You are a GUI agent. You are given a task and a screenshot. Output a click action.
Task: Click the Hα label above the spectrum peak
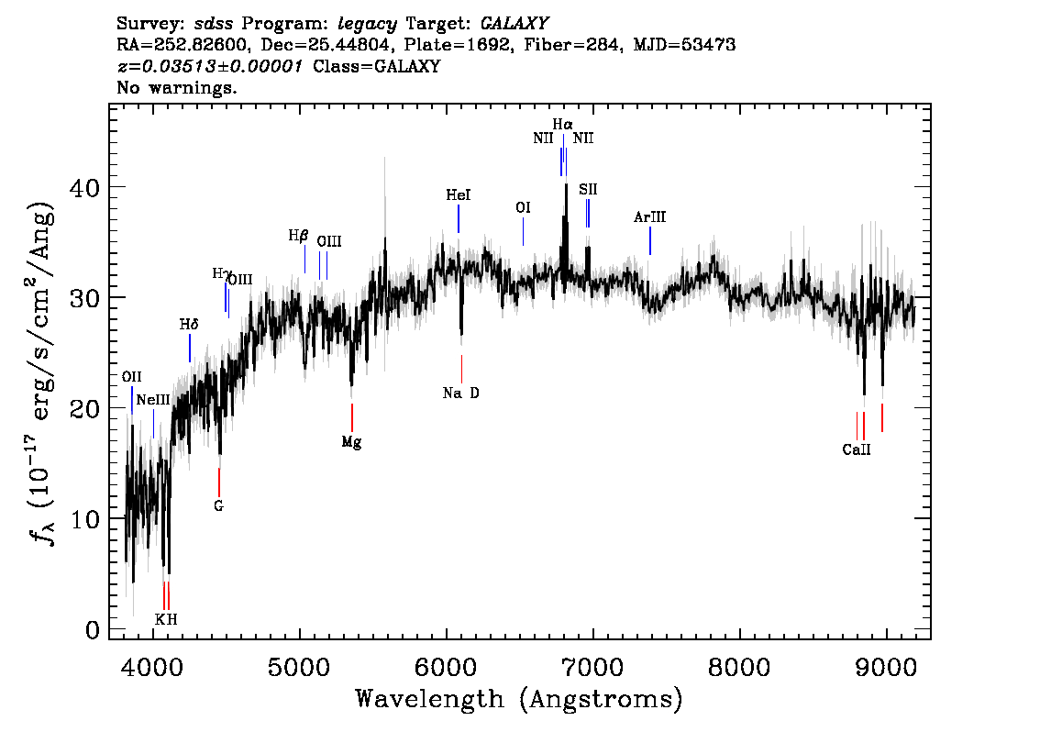[x=562, y=124]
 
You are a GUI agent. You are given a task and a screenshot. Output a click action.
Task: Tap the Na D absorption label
[x=461, y=393]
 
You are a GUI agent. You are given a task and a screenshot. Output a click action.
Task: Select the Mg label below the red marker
[x=351, y=442]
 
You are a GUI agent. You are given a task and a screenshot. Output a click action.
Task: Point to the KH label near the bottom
[x=167, y=619]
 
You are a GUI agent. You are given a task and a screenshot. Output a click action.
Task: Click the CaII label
[x=857, y=449]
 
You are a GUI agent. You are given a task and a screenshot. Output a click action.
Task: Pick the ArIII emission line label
[x=650, y=216]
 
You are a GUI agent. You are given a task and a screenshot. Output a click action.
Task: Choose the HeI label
[x=459, y=195]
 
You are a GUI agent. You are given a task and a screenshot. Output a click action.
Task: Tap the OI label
[x=524, y=207]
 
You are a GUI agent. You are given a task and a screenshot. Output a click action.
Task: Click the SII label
[x=588, y=190]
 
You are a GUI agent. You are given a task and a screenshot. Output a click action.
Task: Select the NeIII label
[x=153, y=400]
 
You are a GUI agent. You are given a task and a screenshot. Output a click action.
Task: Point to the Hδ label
[x=189, y=325]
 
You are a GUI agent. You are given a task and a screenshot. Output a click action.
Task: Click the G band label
[x=219, y=506]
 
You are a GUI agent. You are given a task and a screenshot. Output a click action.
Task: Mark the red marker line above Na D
[x=461, y=369]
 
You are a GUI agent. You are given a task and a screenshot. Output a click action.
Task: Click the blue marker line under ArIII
[x=650, y=241]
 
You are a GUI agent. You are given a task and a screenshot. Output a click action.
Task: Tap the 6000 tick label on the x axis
[x=445, y=667]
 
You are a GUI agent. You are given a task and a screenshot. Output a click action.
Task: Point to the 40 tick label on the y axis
[x=85, y=187]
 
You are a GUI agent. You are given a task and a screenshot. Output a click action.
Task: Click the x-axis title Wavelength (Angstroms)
[x=519, y=699]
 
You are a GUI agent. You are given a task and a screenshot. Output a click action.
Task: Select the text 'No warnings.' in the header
[x=177, y=87]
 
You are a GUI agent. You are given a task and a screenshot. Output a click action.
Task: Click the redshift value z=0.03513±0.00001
[x=210, y=66]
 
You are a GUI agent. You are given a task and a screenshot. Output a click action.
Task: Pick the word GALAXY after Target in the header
[x=514, y=24]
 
